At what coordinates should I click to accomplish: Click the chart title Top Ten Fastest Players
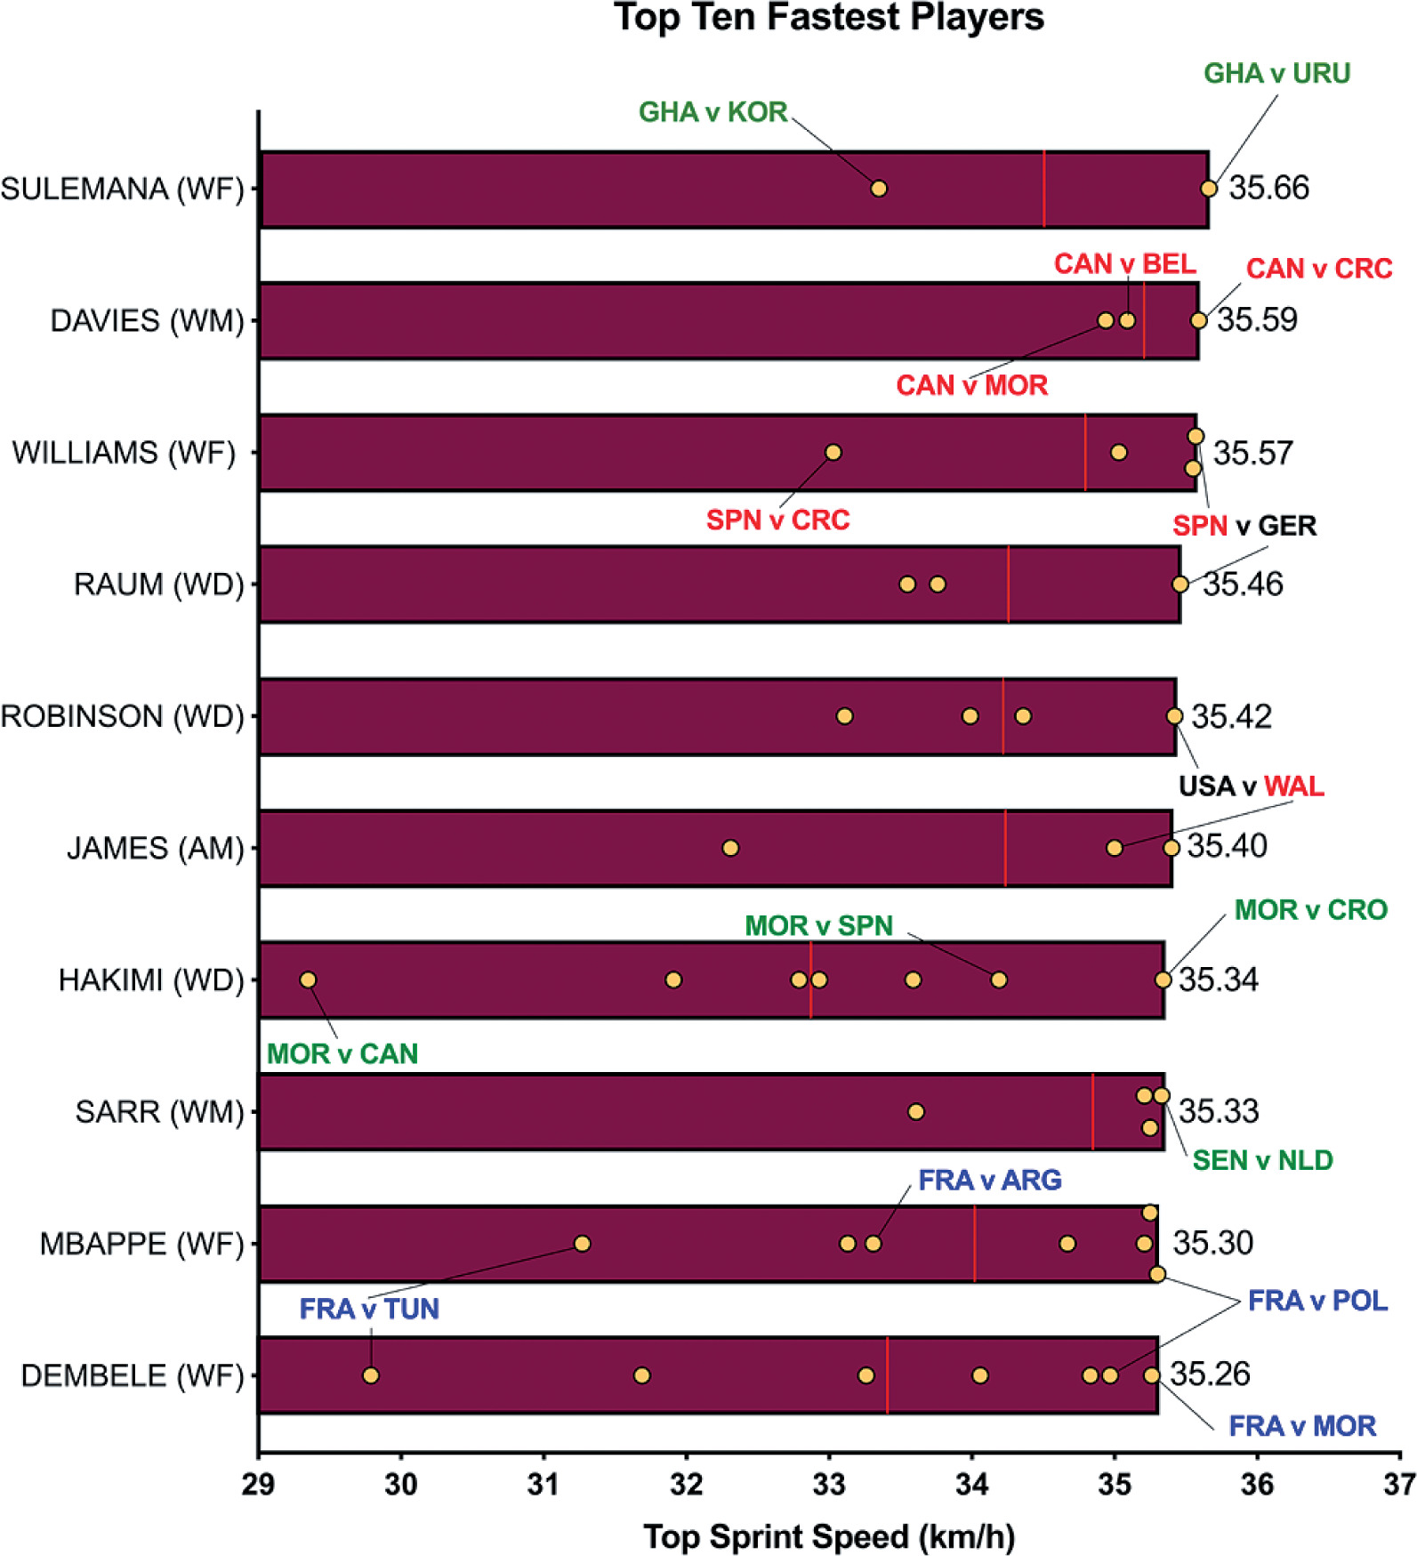coord(828,18)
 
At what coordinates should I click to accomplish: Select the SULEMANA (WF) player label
coord(122,189)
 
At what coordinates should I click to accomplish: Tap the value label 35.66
coord(1268,188)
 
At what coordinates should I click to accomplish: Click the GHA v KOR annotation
coord(713,112)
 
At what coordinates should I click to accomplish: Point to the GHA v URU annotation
coord(1276,73)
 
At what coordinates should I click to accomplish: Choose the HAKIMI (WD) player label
coord(150,980)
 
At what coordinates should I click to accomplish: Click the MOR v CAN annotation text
coord(342,1053)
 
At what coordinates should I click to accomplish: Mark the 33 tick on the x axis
coord(829,1485)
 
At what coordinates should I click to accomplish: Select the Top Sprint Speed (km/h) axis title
coord(828,1536)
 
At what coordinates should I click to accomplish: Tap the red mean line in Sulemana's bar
coord(1044,189)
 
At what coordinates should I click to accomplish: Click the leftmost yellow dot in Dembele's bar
coord(371,1375)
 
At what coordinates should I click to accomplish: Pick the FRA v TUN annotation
coord(369,1309)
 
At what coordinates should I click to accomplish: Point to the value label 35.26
coord(1210,1374)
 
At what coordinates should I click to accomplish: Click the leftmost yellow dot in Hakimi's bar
coord(308,980)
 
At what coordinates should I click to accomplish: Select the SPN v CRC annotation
coord(777,520)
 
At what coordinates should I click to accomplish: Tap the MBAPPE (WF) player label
coord(141,1243)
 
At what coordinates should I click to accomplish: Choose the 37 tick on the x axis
coord(1399,1485)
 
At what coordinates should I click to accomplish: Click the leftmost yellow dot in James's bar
coord(730,848)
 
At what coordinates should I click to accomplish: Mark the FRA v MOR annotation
coord(1302,1426)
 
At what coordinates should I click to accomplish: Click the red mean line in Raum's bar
coord(1009,584)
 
